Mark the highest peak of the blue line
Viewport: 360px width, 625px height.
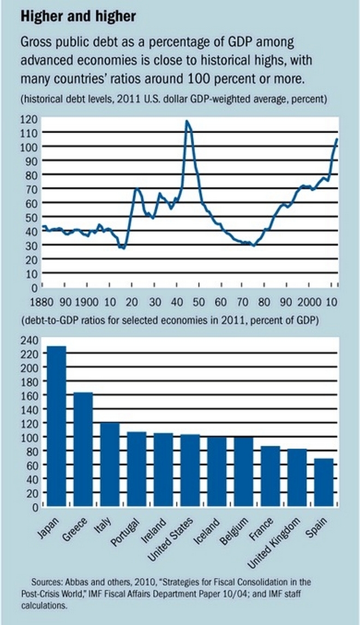coord(187,121)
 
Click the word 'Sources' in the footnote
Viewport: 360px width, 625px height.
coord(48,582)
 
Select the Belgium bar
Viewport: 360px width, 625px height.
coord(244,472)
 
